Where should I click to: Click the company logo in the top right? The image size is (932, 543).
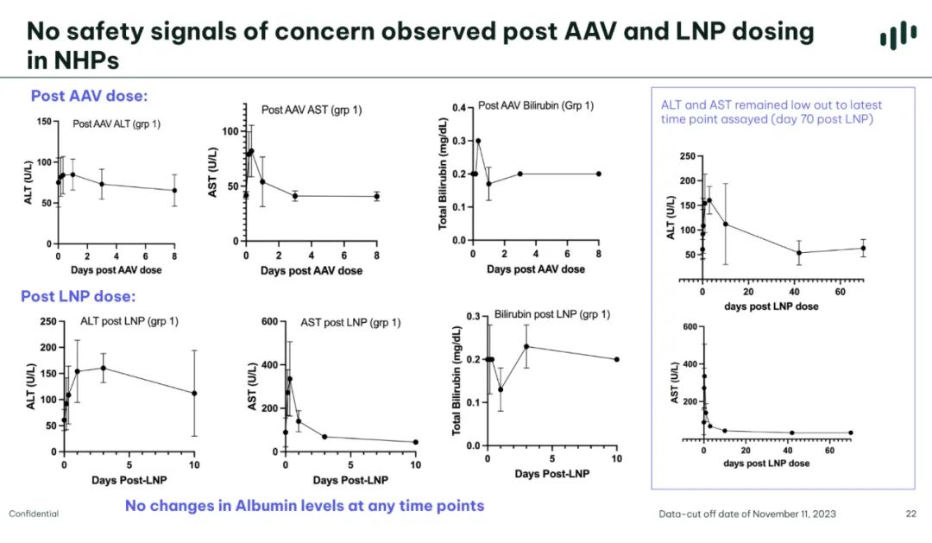click(x=898, y=35)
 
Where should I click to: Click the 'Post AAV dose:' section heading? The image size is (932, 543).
click(x=89, y=96)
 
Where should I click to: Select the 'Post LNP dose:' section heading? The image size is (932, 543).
click(x=78, y=296)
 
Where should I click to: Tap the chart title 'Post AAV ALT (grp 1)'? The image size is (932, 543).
click(x=116, y=123)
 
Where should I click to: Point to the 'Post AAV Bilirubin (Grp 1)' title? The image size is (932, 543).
click(x=536, y=105)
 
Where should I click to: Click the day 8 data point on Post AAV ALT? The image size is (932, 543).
click(x=174, y=190)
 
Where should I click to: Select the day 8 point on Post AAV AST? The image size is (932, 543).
click(x=376, y=196)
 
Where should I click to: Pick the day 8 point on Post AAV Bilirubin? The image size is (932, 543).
click(x=598, y=174)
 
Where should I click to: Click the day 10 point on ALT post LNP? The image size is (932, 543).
click(x=194, y=393)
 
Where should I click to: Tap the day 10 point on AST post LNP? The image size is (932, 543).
click(x=415, y=442)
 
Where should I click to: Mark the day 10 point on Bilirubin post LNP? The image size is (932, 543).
click(x=617, y=359)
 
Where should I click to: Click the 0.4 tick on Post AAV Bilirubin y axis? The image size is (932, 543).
click(x=458, y=108)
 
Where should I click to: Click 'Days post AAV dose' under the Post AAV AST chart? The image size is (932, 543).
click(x=311, y=270)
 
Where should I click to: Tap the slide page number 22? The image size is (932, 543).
click(x=910, y=514)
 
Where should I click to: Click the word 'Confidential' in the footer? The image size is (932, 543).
click(x=34, y=514)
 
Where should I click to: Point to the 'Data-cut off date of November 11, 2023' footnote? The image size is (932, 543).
click(x=747, y=514)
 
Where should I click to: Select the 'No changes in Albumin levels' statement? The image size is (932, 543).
click(x=305, y=506)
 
